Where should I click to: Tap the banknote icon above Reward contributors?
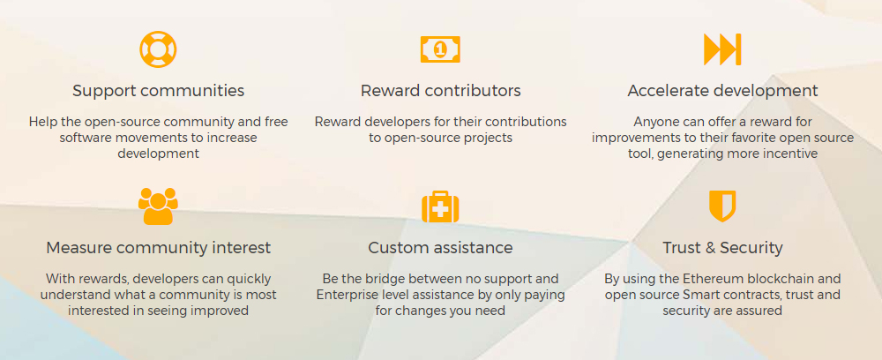(x=440, y=49)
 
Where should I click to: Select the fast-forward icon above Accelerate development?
(x=722, y=49)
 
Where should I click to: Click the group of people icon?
(x=158, y=206)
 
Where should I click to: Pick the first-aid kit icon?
(x=440, y=207)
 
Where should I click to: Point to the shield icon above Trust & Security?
(x=722, y=206)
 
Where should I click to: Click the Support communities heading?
(x=159, y=91)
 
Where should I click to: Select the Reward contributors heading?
(x=440, y=91)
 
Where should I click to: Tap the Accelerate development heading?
(x=722, y=91)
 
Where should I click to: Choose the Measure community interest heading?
(x=159, y=248)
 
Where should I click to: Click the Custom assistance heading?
(x=440, y=248)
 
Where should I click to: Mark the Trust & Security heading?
(x=722, y=248)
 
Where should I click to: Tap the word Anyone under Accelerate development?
(x=657, y=122)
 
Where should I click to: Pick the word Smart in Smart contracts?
(x=706, y=295)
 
